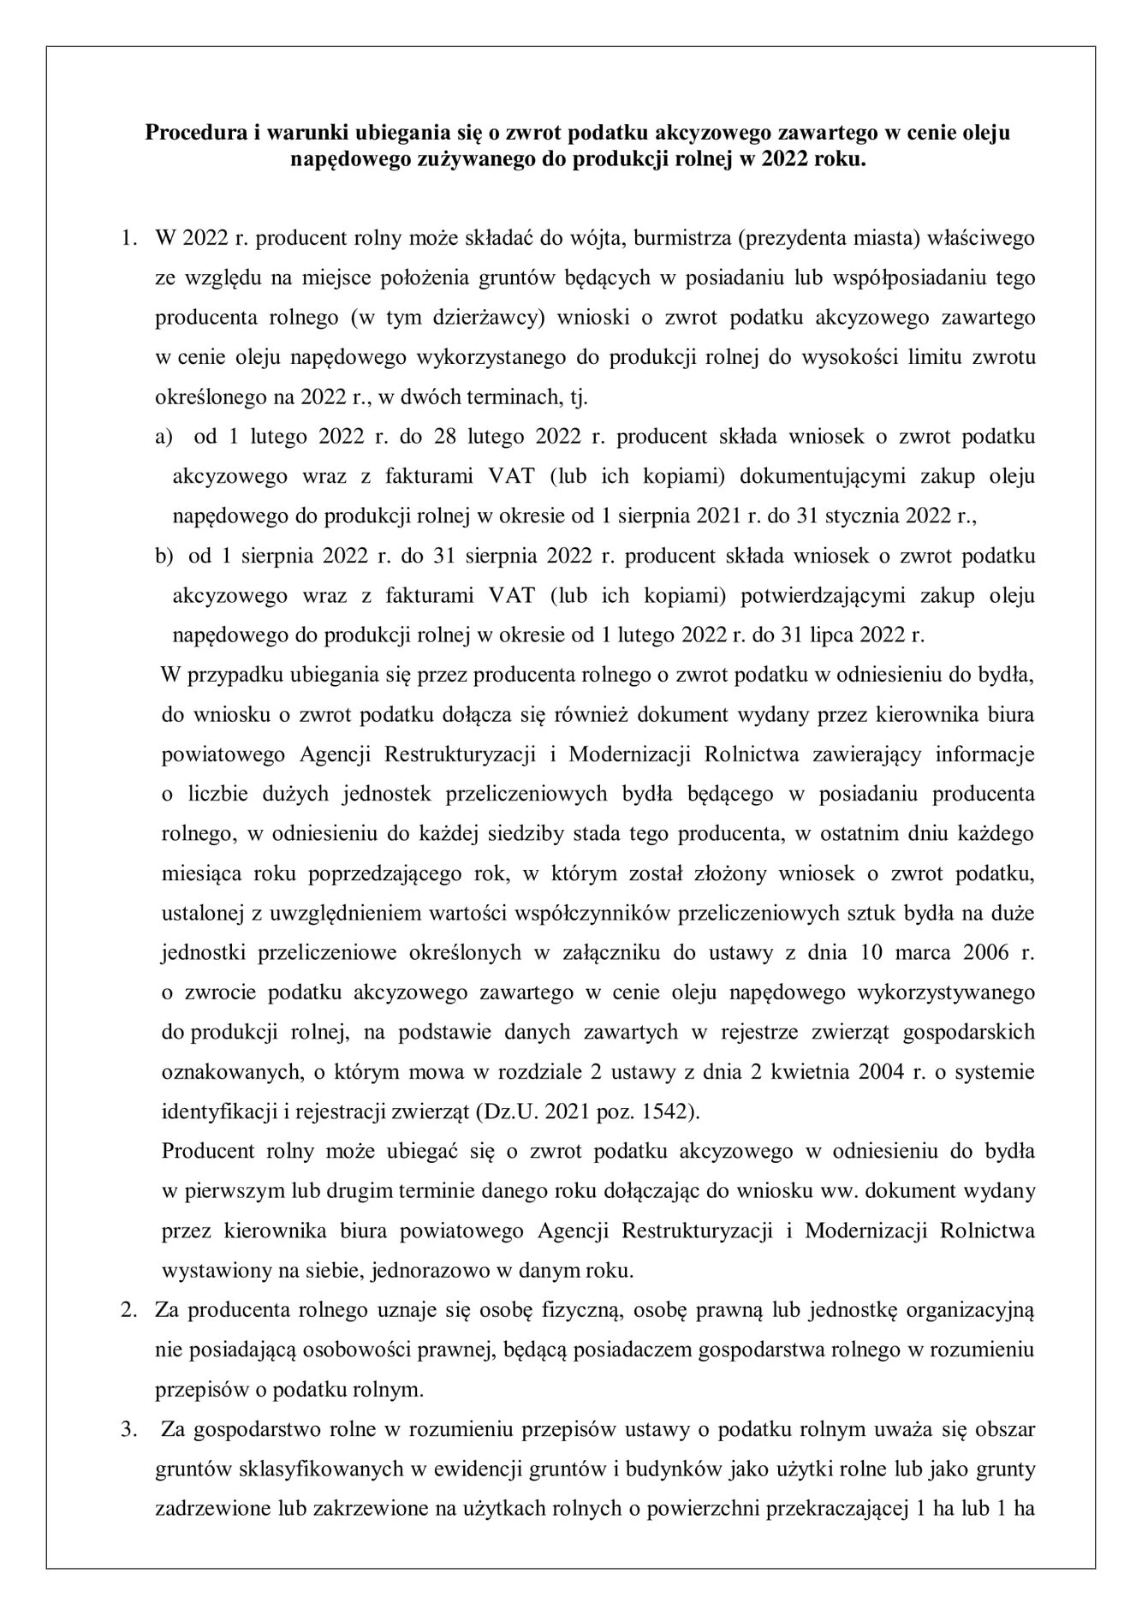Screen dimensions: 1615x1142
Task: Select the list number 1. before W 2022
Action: coord(128,238)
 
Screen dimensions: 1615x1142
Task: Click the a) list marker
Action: coord(164,437)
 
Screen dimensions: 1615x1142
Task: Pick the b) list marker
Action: coord(164,556)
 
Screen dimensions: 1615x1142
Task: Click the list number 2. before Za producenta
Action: coord(128,1310)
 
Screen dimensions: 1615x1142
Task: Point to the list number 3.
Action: coord(128,1429)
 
